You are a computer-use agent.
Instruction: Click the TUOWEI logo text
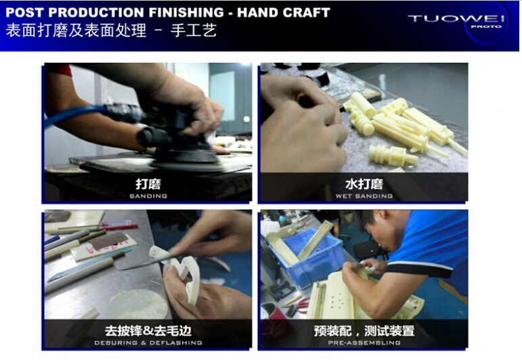click(x=456, y=18)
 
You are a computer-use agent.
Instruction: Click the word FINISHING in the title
click(x=186, y=13)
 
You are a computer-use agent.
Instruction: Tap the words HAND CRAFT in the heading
click(x=283, y=13)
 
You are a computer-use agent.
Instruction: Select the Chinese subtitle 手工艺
click(x=194, y=30)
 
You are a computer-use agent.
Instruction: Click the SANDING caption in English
click(x=148, y=196)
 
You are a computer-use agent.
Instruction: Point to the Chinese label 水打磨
click(x=364, y=184)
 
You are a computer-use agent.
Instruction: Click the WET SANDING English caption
click(x=364, y=196)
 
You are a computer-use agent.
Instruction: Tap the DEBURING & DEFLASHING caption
click(x=148, y=342)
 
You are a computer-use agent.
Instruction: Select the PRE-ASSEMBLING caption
click(x=364, y=342)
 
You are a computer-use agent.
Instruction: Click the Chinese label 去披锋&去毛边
click(x=148, y=331)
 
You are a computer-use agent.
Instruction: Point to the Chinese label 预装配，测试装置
click(x=364, y=331)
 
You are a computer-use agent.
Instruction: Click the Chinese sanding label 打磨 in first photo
click(x=148, y=184)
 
